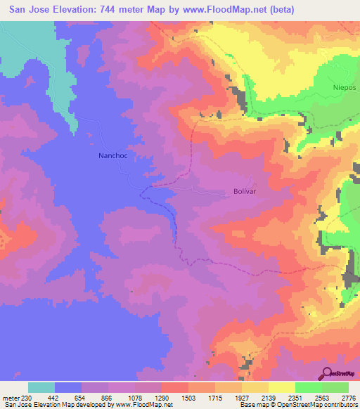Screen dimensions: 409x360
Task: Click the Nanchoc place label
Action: coord(110,157)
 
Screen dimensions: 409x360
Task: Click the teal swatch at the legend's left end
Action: coord(41,387)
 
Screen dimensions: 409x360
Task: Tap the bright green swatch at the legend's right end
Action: coord(335,387)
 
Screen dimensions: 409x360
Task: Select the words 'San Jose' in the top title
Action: coord(26,9)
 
